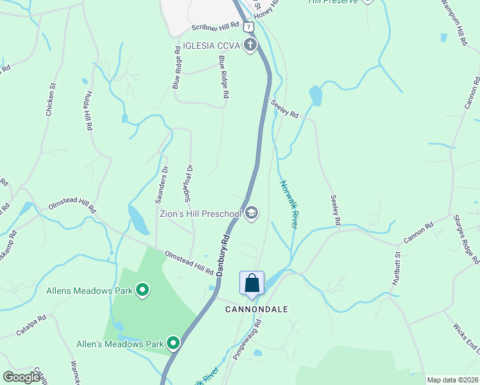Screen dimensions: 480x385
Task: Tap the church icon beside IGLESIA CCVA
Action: pyautogui.click(x=250, y=45)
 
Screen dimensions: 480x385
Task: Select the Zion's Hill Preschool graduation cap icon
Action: pyautogui.click(x=251, y=214)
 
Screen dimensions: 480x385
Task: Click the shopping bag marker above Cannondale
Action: pyautogui.click(x=252, y=283)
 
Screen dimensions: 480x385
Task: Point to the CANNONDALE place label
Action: pyautogui.click(x=256, y=309)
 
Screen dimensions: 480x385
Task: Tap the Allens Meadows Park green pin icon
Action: pyautogui.click(x=142, y=291)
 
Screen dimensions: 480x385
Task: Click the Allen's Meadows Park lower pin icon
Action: pyautogui.click(x=173, y=344)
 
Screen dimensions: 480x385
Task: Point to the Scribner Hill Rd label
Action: pyautogui.click(x=215, y=27)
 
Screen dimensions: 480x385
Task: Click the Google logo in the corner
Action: pyautogui.click(x=21, y=377)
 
